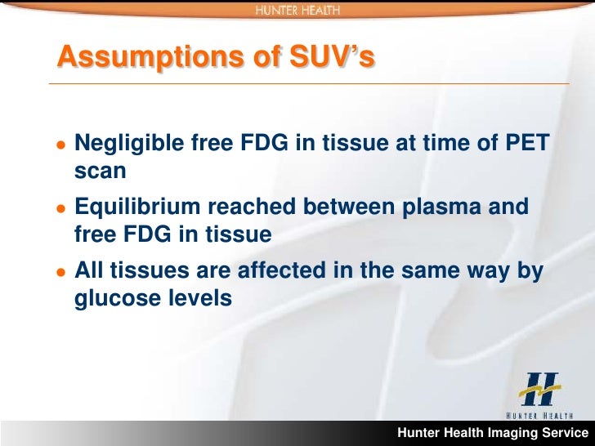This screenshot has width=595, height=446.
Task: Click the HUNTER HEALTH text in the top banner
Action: tap(297, 10)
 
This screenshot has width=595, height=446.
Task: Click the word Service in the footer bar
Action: tap(563, 433)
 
